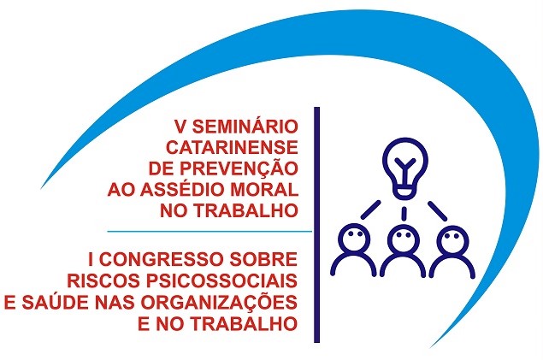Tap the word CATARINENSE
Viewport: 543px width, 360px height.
(x=232, y=147)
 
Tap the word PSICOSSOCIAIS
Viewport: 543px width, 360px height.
(x=221, y=280)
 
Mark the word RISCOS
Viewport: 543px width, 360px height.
(x=103, y=280)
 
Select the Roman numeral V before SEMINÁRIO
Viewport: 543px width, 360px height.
(x=180, y=127)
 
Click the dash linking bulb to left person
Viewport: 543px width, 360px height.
(x=371, y=210)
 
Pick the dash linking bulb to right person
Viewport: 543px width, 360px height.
(x=437, y=210)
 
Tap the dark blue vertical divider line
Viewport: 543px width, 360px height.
(x=316, y=225)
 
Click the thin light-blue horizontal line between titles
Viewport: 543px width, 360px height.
(x=210, y=231)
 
